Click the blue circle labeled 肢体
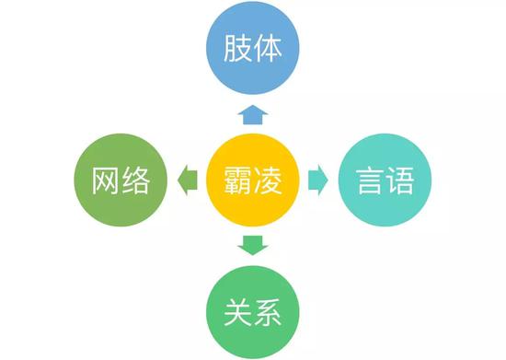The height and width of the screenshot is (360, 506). tap(253, 48)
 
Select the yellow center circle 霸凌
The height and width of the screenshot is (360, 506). tap(253, 180)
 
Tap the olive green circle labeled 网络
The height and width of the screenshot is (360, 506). tap(121, 180)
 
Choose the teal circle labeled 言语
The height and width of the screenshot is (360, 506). tap(385, 180)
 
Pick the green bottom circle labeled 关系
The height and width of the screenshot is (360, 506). tap(253, 312)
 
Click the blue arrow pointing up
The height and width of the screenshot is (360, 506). tap(253, 114)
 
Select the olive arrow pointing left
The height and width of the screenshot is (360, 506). tap(188, 180)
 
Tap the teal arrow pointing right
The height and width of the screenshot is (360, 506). tap(318, 180)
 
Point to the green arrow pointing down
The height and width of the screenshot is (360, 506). tap(253, 246)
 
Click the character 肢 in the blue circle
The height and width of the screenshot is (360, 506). tap(237, 48)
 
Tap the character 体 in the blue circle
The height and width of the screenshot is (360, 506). tap(268, 48)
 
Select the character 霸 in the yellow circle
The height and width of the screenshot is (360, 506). tap(238, 180)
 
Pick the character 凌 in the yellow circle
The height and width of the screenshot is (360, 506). tap(268, 180)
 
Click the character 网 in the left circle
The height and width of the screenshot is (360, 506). tap(106, 180)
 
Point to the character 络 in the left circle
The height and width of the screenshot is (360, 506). tap(136, 180)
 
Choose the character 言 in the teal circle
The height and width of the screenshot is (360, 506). tap(370, 180)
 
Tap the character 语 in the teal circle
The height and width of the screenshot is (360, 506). tap(400, 180)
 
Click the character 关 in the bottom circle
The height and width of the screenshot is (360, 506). tap(238, 312)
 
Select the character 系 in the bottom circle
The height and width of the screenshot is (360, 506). tap(268, 312)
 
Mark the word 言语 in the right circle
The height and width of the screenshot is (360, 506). tap(385, 180)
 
